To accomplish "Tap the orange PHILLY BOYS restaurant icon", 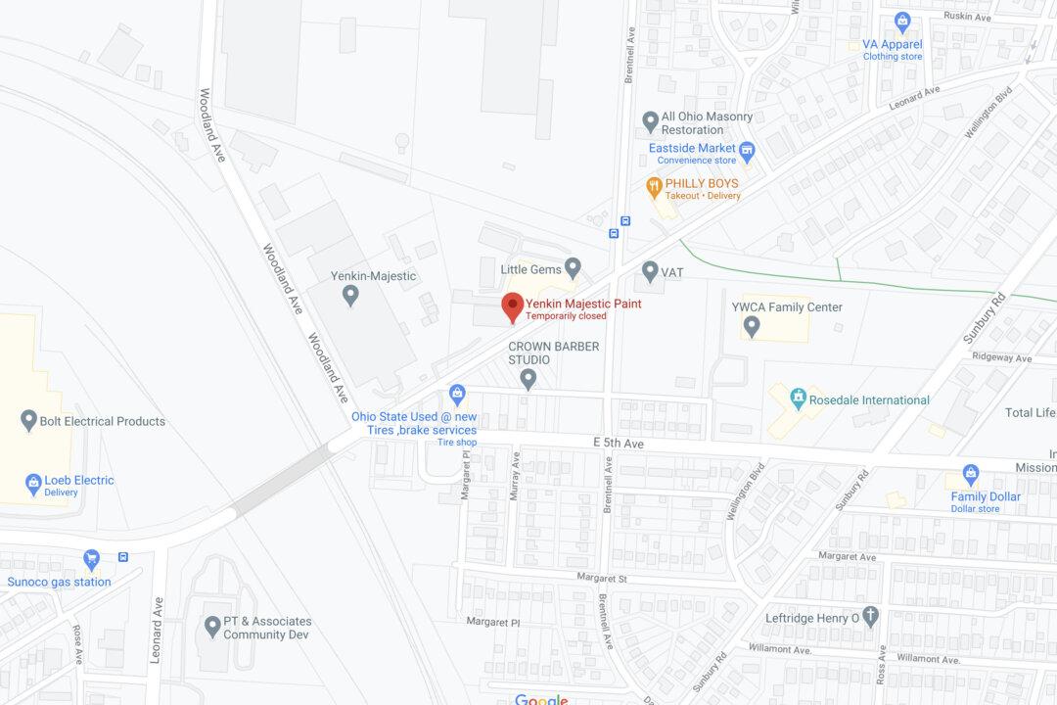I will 652,185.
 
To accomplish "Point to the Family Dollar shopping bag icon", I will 971,475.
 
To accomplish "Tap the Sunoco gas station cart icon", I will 92,559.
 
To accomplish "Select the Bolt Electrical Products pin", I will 28,421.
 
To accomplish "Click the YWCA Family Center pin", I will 752,325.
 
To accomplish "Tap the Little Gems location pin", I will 574,266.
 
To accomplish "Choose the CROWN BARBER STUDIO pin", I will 528,378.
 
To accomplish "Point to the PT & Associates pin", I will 212,625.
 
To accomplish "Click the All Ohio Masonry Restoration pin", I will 649,121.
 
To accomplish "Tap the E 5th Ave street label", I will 618,444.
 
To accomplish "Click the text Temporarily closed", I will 566,316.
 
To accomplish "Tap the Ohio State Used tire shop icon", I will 456,395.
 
